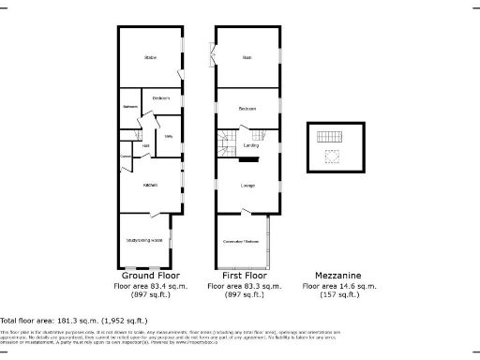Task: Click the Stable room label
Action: point(150,58)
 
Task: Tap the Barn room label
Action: point(247,58)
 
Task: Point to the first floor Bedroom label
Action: point(247,109)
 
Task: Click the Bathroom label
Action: point(129,107)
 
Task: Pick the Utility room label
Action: point(170,137)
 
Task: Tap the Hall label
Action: point(146,145)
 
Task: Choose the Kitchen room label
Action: point(149,185)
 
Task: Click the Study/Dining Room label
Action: point(144,240)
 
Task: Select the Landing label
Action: point(250,145)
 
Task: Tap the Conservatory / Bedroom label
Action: point(240,241)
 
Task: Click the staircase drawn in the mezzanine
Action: point(327,136)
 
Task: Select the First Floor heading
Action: point(244,276)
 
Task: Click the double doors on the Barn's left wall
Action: point(214,57)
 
